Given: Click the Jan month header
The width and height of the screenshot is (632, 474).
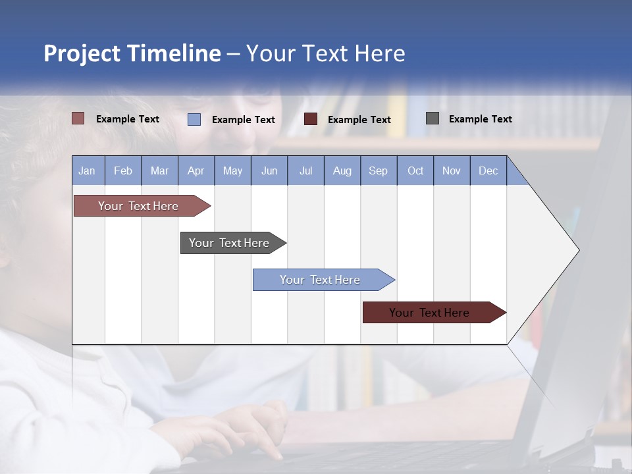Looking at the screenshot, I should [x=88, y=171].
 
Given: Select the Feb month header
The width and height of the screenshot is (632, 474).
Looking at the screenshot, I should [x=123, y=171].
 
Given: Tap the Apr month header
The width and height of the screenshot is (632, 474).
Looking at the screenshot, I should [x=196, y=171].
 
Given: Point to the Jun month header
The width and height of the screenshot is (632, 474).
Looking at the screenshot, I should [x=269, y=171].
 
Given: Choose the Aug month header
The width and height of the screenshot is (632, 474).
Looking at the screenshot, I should [x=342, y=171].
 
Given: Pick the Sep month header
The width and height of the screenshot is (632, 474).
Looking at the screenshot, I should [x=379, y=171].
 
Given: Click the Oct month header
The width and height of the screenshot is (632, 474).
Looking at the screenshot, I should [x=415, y=171].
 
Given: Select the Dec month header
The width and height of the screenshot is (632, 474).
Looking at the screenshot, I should [x=488, y=171].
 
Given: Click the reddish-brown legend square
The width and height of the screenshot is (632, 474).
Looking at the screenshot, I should [x=78, y=118].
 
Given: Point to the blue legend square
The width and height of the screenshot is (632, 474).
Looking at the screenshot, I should [x=194, y=119].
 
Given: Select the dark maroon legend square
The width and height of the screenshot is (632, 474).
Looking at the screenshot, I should [x=311, y=119].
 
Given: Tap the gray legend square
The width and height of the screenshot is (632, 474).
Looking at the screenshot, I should [x=433, y=118].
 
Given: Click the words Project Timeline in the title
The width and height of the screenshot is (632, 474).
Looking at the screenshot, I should [x=132, y=53].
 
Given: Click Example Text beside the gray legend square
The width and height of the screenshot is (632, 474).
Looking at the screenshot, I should [x=481, y=119].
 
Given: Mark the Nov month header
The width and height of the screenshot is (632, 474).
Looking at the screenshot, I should [x=452, y=171].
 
